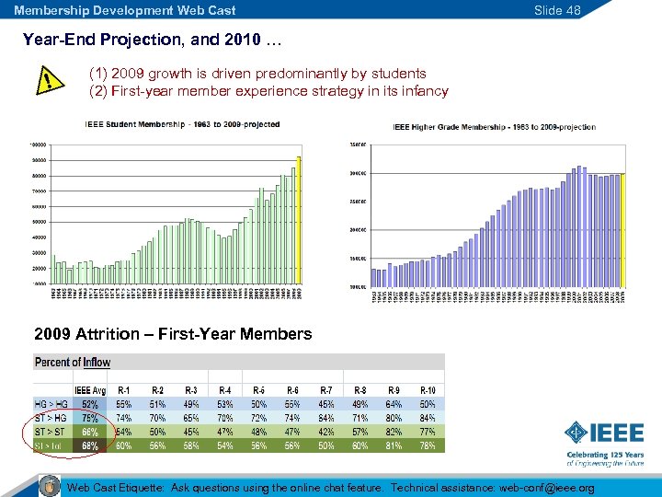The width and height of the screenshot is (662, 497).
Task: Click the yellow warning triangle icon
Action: (42, 82)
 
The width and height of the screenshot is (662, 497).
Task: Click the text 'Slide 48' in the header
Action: (557, 10)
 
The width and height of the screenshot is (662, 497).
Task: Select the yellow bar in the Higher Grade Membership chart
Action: (622, 230)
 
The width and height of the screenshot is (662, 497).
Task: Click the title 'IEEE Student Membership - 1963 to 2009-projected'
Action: (182, 124)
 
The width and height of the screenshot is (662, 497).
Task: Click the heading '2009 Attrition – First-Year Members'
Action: (172, 334)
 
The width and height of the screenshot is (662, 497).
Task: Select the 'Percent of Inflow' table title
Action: (73, 363)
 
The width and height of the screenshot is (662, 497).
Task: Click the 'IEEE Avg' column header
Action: (90, 391)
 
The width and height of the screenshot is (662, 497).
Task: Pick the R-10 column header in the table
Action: (428, 391)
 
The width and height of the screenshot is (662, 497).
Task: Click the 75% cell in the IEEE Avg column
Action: (90, 418)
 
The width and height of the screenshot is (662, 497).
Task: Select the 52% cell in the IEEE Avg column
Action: (90, 404)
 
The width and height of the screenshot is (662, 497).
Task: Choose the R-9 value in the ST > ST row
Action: (394, 432)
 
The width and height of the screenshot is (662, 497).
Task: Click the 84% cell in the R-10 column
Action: (428, 418)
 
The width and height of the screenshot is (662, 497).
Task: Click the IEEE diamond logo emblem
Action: (576, 432)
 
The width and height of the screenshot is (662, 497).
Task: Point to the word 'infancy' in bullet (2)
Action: (425, 91)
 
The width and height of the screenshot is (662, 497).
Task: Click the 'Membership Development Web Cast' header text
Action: (125, 10)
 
